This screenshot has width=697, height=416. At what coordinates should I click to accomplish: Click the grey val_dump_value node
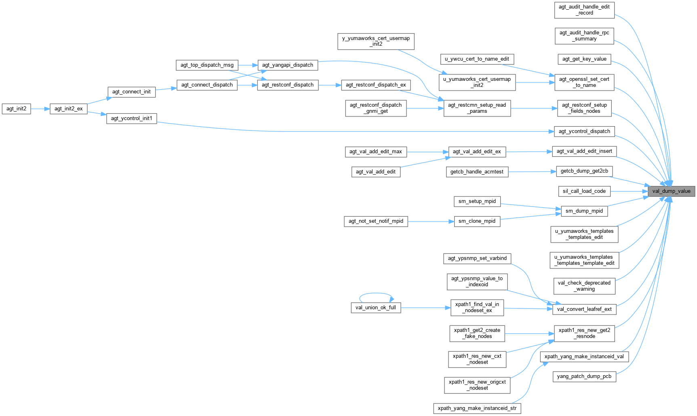671,191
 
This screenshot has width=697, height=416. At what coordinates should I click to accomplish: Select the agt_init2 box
16,109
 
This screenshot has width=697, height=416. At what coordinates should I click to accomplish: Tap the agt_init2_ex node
69,109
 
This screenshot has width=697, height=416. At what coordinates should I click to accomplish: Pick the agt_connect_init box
131,92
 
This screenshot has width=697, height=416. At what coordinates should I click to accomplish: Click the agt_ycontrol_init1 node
131,118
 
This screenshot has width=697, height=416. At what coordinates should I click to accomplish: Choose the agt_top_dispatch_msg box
207,65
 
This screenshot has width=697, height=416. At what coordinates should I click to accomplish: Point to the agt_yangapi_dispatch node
288,65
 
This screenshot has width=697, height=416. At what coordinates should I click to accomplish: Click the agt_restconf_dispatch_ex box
376,85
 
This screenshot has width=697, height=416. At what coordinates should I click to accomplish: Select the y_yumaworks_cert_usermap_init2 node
376,41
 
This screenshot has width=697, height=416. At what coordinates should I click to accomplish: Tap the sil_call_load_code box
584,191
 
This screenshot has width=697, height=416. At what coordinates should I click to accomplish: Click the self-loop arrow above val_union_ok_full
376,294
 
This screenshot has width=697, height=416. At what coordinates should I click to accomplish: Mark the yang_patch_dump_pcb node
584,376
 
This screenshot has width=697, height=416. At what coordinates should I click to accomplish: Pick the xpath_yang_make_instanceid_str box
477,408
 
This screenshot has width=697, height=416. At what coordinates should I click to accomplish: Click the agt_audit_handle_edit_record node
584,10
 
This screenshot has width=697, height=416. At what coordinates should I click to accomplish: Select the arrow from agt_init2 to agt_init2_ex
40,109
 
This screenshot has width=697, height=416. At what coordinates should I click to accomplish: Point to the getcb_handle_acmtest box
477,172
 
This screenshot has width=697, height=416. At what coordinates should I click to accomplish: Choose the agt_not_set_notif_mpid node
376,221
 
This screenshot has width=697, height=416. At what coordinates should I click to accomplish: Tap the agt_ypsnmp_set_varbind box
477,258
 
